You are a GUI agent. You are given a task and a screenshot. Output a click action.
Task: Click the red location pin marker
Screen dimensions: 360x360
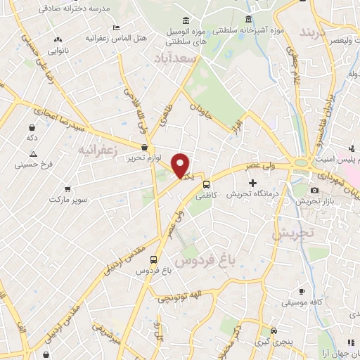181,166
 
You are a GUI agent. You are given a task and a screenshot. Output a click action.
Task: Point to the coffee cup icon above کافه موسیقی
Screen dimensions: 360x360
302,291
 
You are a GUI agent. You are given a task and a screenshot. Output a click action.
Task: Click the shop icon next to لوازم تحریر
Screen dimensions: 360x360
145,148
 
